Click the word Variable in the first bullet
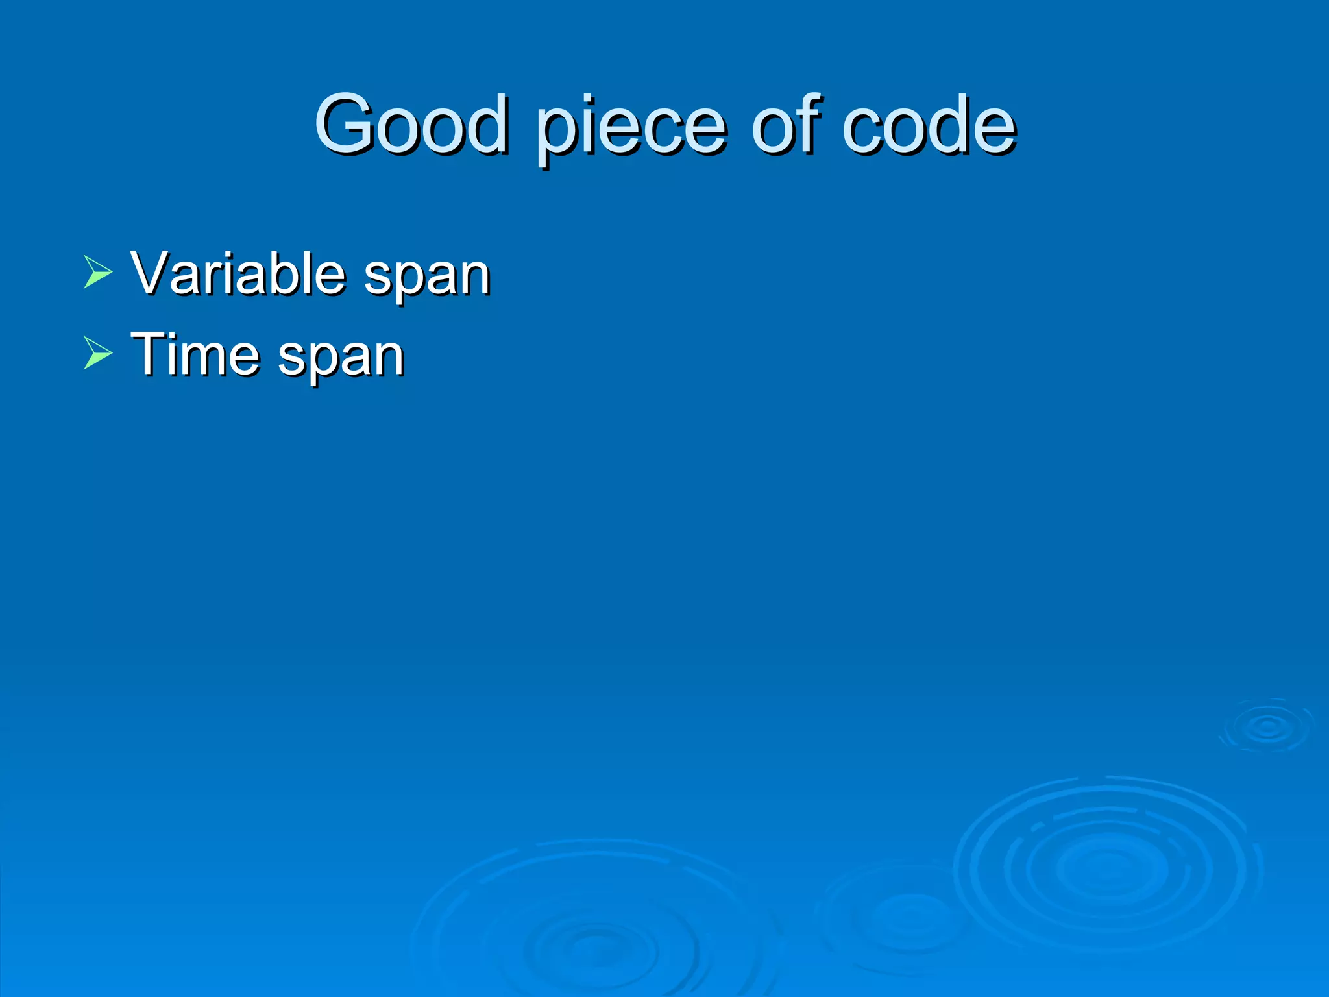238,273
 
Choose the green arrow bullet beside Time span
98,354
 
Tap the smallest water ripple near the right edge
1267,727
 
